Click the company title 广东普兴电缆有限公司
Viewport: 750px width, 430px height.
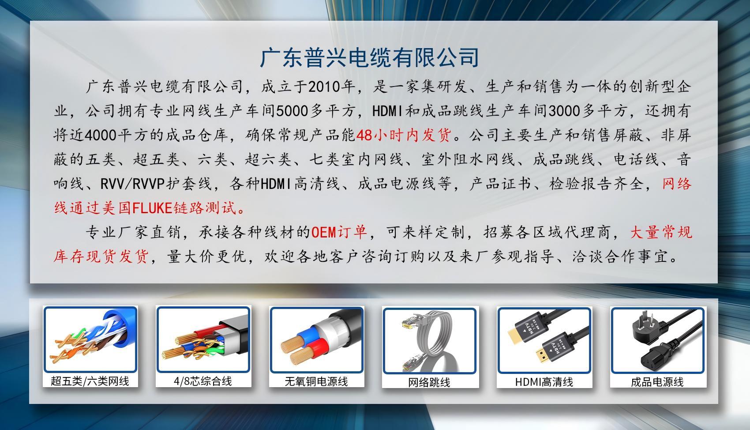[369, 58]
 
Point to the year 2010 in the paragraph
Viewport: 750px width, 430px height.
[323, 87]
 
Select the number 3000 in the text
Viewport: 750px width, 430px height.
[565, 111]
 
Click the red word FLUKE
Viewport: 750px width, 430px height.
[152, 208]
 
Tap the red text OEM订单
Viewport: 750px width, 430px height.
[339, 232]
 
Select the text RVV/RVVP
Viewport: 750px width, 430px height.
[133, 184]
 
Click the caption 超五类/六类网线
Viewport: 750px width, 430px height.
[90, 381]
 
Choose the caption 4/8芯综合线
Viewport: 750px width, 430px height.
[203, 381]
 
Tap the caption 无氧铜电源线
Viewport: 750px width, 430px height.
[316, 381]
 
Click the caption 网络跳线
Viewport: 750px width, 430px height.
[429, 382]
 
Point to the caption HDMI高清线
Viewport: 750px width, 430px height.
[544, 382]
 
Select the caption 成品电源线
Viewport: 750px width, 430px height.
[657, 382]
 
